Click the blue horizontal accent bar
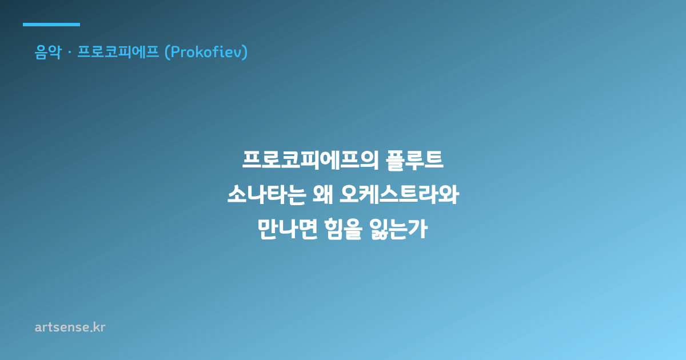tap(51, 25)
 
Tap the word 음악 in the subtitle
tap(48, 52)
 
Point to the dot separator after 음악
tap(69, 53)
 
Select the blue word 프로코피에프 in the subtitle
tap(118, 52)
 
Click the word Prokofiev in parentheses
tap(206, 52)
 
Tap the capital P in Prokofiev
tap(176, 52)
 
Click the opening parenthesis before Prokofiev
tap(167, 52)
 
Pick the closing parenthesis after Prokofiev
tap(245, 52)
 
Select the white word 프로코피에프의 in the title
tap(310, 160)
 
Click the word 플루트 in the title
tap(414, 161)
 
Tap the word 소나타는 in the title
tap(267, 195)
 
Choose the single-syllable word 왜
tap(323, 195)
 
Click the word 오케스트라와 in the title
tap(400, 195)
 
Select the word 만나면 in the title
tap(287, 229)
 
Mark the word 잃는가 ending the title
tap(398, 229)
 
